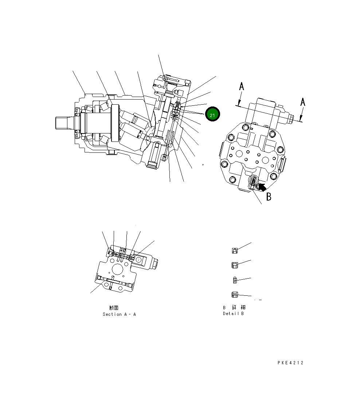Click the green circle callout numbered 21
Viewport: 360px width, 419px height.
212,115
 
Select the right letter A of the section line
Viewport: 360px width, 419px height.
302,102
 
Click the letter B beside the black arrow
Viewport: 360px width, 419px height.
269,197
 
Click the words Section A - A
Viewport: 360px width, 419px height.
119,314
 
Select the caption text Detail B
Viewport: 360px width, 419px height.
233,314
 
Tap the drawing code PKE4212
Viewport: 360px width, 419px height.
290,363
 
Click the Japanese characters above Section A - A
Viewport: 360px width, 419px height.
114,308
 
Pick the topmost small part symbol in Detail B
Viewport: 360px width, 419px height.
235,250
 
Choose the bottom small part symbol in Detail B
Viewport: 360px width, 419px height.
235,294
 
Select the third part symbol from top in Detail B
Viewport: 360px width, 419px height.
235,280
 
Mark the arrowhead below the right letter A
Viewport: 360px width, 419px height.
300,118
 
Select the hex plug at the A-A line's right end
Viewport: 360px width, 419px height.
290,118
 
